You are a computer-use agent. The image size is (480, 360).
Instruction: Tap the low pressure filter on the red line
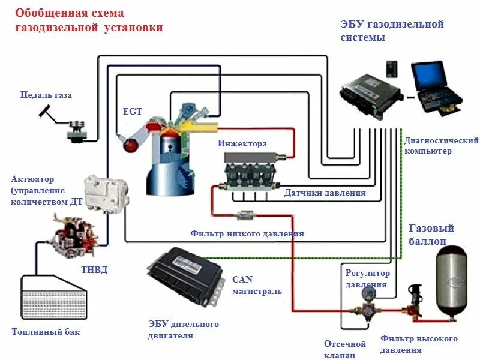[x=245, y=214]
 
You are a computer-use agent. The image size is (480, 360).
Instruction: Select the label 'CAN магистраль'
[x=256, y=285]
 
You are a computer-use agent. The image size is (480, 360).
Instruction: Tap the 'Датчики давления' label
[x=325, y=193]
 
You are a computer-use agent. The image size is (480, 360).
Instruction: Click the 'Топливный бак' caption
[x=46, y=332]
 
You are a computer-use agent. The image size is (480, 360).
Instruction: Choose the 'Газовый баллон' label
[x=431, y=234]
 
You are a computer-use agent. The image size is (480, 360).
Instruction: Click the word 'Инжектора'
[x=242, y=143]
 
